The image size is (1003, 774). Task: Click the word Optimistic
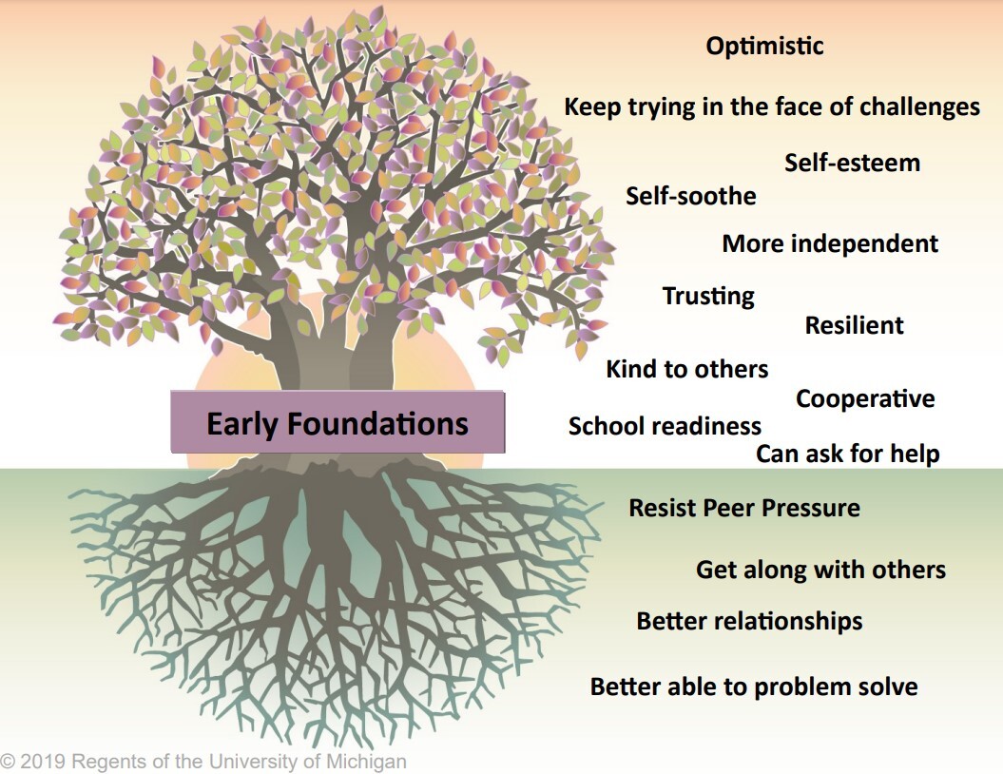click(764, 46)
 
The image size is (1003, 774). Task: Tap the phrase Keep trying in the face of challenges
click(772, 106)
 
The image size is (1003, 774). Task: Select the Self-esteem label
click(852, 163)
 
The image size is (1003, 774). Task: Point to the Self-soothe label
click(691, 197)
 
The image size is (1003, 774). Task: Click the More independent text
click(830, 244)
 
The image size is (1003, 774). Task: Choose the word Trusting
click(708, 297)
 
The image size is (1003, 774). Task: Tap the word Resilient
click(854, 326)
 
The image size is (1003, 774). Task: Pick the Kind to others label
click(687, 369)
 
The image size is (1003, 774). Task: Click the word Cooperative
click(865, 399)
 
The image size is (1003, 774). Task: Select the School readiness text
click(665, 427)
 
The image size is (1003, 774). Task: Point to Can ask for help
click(847, 455)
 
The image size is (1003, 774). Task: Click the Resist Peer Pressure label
click(744, 508)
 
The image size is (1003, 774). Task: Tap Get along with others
click(820, 571)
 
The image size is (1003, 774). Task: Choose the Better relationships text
click(749, 622)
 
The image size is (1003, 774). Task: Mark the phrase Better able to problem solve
click(754, 687)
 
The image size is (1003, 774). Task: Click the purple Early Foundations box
click(338, 422)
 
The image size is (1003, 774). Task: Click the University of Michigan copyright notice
click(203, 762)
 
